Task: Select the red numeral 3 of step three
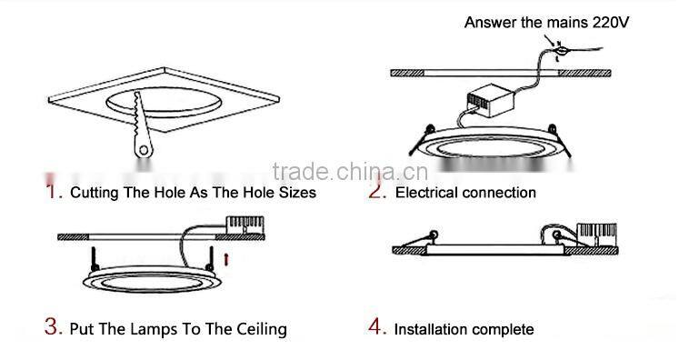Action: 53,326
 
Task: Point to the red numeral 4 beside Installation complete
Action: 376,327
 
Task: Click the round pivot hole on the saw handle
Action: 143,150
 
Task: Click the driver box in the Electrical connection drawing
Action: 490,100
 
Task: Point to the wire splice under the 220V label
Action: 562,51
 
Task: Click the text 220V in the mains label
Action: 610,23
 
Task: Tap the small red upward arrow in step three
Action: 226,259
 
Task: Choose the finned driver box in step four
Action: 596,235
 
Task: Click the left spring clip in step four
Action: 420,239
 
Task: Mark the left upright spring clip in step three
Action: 94,259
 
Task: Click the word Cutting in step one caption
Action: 95,193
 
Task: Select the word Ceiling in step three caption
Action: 261,330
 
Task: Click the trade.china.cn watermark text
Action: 350,171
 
